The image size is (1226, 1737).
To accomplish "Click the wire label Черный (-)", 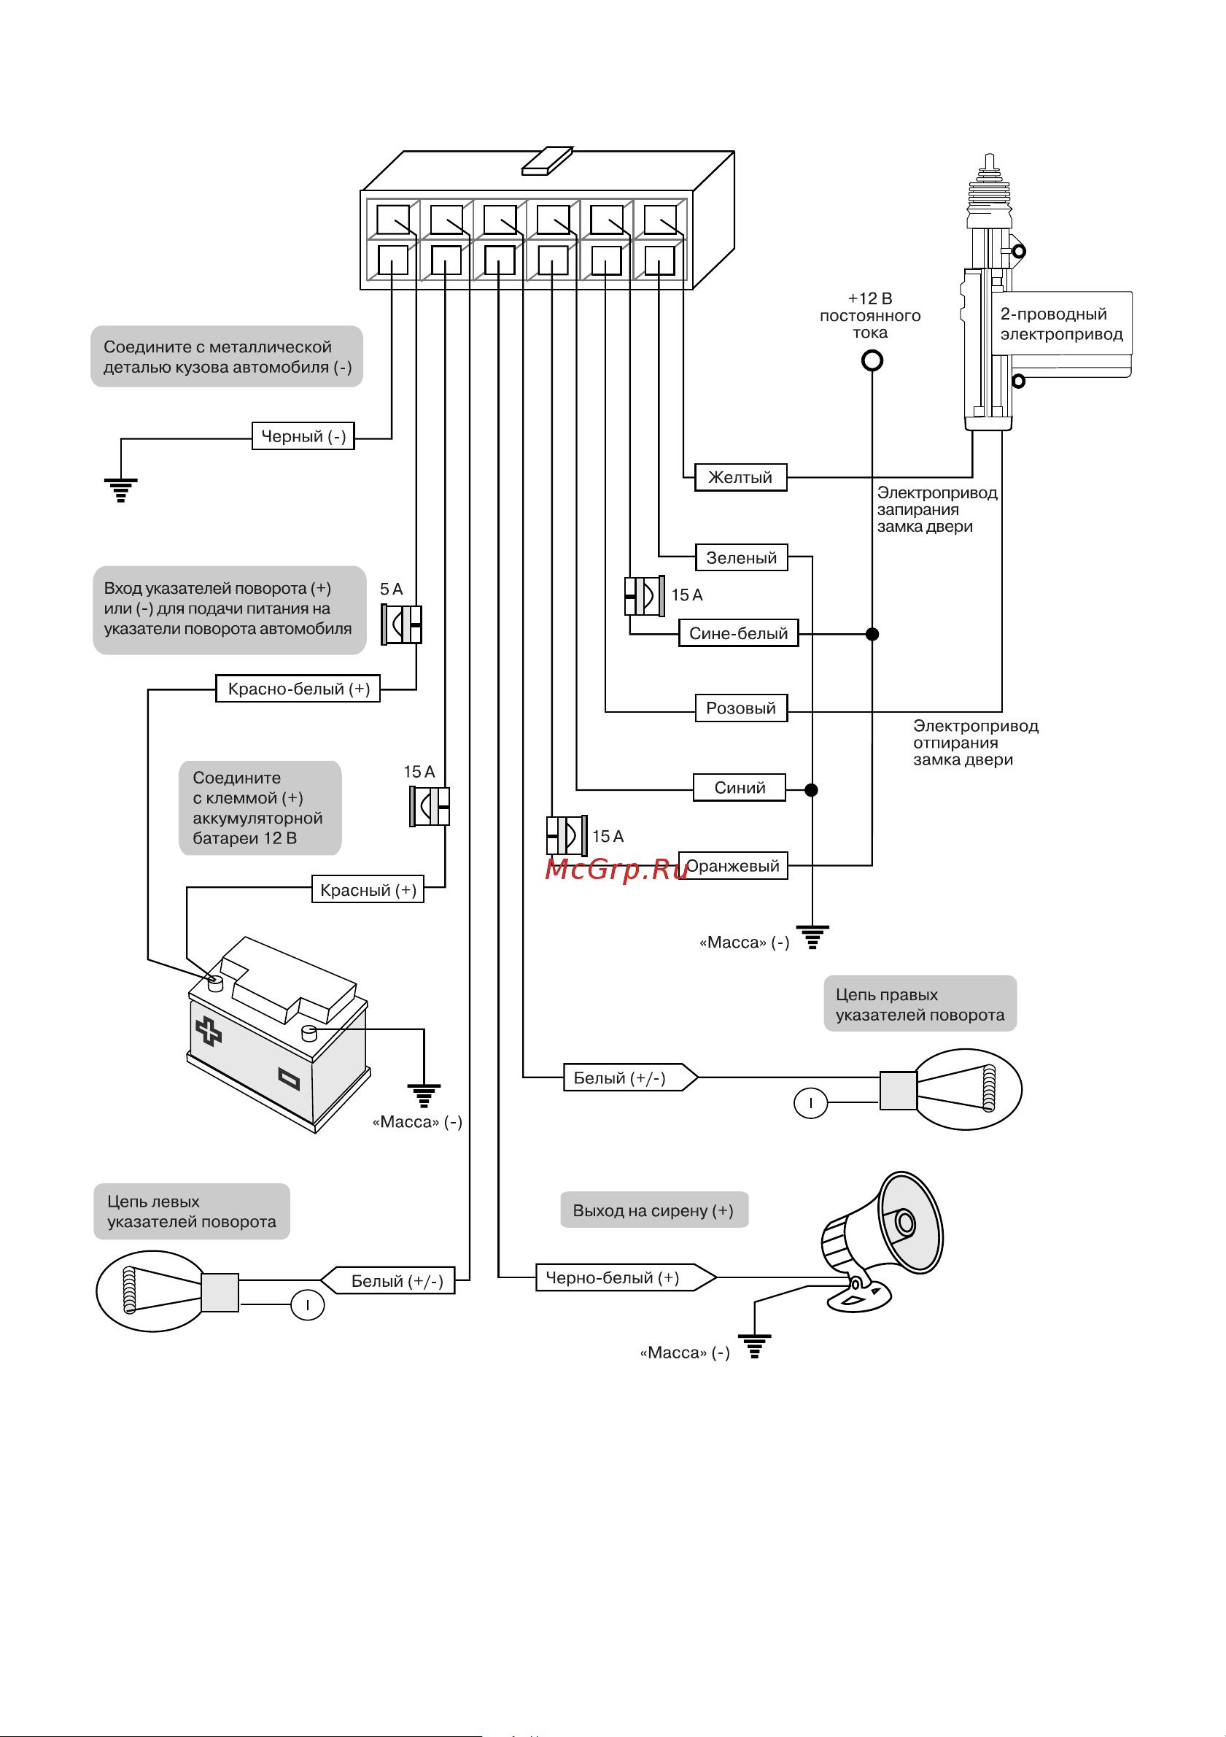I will pos(303,436).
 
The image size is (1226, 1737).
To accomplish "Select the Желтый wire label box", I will pos(740,477).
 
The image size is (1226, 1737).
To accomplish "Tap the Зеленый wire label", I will pos(741,558).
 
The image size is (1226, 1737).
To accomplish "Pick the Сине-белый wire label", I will pos(738,634).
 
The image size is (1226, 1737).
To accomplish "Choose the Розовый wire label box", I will pos(740,708).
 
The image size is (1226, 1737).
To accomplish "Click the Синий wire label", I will pos(740,788).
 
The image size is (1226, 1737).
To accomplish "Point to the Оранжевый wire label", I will pos(732,866).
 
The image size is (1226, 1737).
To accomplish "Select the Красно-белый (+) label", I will pos(298,689).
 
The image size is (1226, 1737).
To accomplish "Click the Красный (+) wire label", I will pos(368,891).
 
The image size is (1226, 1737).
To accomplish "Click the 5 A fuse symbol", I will pos(402,625).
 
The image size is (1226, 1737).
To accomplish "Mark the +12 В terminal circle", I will pos(872,361).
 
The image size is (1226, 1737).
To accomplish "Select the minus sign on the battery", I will pos(289,1078).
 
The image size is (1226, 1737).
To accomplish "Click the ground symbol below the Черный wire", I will pos(121,490).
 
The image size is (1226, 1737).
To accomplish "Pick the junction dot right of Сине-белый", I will pos(872,634).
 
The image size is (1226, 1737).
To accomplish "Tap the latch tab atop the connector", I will pos(546,160).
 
